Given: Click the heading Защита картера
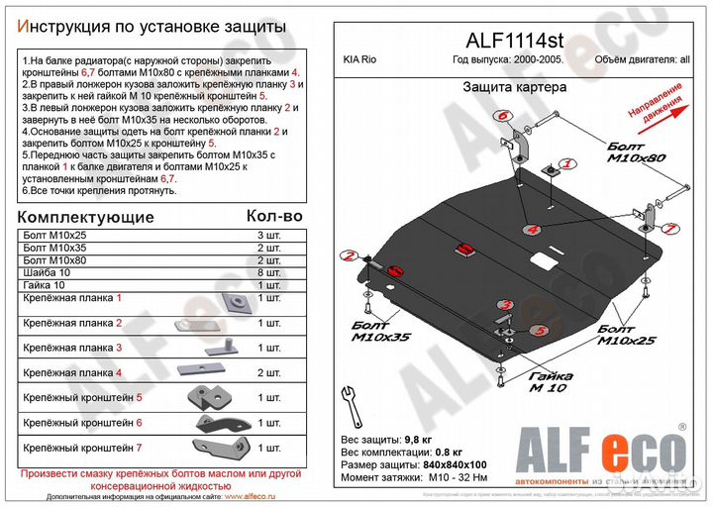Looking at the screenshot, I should [514, 87].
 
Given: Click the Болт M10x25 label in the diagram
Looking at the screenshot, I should [627, 334].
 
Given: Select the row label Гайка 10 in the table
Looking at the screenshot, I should [45, 285].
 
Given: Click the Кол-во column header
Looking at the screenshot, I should [273, 216].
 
